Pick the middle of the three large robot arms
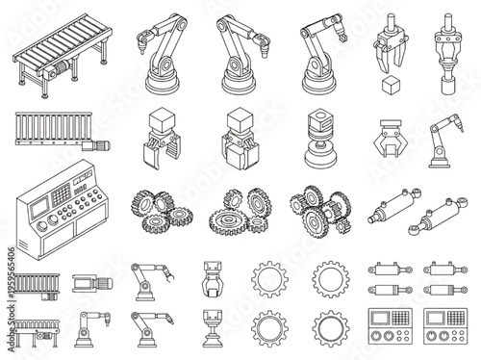coord(238,54)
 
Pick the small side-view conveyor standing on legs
coord(37,323)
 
